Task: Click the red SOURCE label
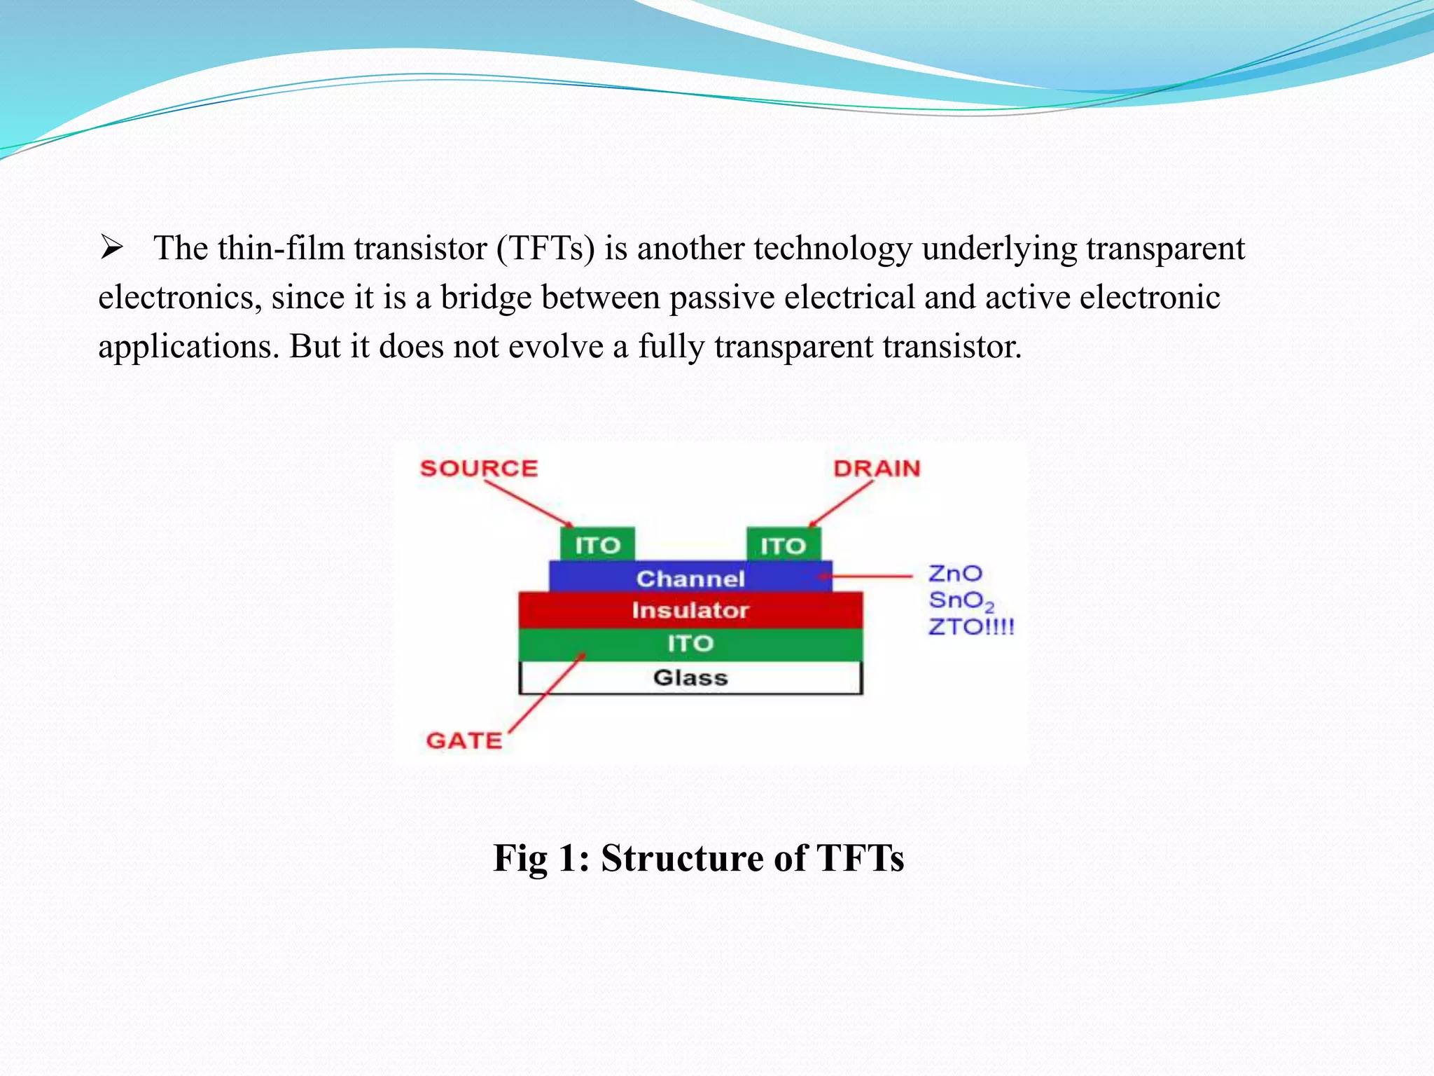(x=479, y=468)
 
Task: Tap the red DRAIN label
(x=877, y=468)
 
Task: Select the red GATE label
(x=464, y=740)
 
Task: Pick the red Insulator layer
(x=690, y=610)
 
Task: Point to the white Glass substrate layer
(x=690, y=677)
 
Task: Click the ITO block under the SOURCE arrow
(x=597, y=545)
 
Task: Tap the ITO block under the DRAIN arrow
(x=783, y=545)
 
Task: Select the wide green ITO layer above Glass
(x=690, y=644)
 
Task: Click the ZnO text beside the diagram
(x=955, y=574)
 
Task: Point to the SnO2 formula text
(x=961, y=601)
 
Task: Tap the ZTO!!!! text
(x=971, y=626)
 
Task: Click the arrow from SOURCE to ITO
(x=529, y=504)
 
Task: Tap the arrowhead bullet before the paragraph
(x=111, y=248)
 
